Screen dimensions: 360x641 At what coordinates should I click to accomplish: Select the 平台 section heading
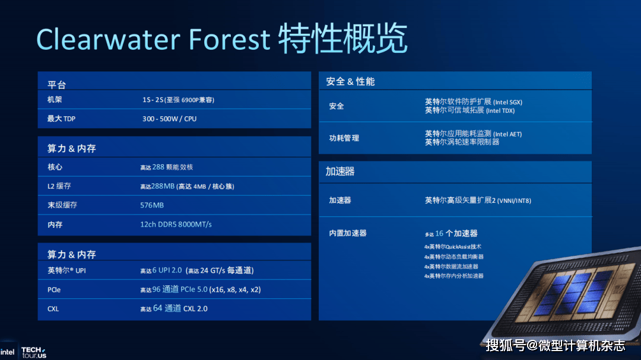tap(56, 85)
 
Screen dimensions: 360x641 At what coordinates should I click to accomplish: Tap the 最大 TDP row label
tap(61, 119)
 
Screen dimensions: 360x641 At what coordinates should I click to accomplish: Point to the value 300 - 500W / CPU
tap(169, 119)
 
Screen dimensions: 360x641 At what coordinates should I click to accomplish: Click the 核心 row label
tap(55, 167)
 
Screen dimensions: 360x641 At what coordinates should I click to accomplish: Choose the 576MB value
tap(152, 205)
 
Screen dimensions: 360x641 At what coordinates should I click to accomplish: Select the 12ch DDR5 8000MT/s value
tap(176, 224)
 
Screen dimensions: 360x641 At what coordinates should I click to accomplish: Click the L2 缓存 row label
tap(59, 186)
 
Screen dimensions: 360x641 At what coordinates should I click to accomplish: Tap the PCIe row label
tap(54, 289)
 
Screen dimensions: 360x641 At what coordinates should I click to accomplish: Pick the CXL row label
tap(53, 308)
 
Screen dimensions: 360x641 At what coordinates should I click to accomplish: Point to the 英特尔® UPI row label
tap(67, 270)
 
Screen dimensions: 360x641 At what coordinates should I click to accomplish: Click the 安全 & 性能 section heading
tap(350, 81)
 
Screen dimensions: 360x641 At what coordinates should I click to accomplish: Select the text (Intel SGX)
tap(507, 102)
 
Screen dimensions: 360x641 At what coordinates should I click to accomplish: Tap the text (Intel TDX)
tap(500, 110)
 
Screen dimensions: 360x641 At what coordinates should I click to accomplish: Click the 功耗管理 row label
tap(344, 138)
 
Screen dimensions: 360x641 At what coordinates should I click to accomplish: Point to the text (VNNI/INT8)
tap(514, 200)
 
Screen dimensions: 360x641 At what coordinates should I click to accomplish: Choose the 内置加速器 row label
tap(348, 233)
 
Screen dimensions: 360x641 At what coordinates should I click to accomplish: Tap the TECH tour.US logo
tap(33, 352)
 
